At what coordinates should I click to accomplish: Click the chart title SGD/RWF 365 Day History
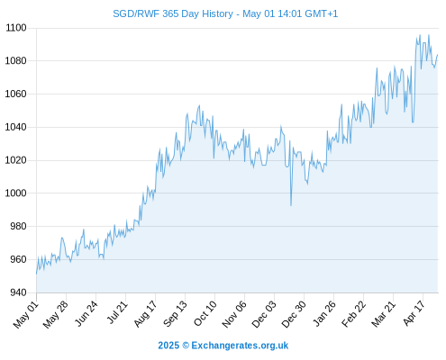point(173,13)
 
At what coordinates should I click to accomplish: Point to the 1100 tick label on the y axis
point(16,28)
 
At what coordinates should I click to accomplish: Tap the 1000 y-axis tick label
point(16,193)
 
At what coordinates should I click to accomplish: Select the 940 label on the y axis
point(18,292)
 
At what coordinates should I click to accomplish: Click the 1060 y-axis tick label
point(16,94)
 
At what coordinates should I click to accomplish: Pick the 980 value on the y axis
point(18,226)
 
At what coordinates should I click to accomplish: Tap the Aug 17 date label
point(145,314)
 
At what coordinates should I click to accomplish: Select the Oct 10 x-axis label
point(205,313)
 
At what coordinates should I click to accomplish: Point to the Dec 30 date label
point(294,314)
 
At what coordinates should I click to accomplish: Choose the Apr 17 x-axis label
point(414,313)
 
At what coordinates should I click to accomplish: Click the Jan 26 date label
point(324,313)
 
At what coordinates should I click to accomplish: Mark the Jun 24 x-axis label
point(86,313)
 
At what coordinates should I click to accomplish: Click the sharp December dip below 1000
point(291,205)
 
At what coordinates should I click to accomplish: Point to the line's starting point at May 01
point(37,274)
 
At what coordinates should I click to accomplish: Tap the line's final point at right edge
point(438,55)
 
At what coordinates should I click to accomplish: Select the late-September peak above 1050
point(199,105)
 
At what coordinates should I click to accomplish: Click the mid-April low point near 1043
point(413,122)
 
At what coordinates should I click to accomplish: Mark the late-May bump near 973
point(62,238)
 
